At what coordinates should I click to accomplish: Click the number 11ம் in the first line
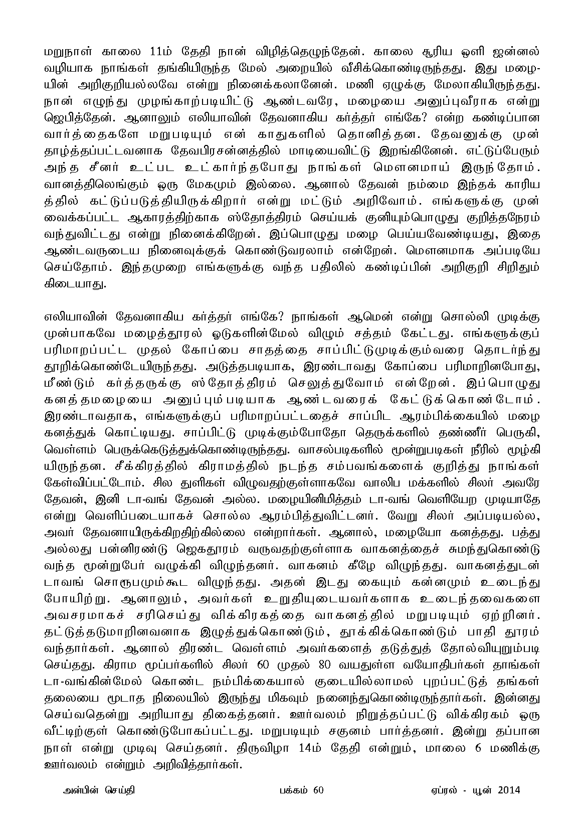click(x=162, y=52)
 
